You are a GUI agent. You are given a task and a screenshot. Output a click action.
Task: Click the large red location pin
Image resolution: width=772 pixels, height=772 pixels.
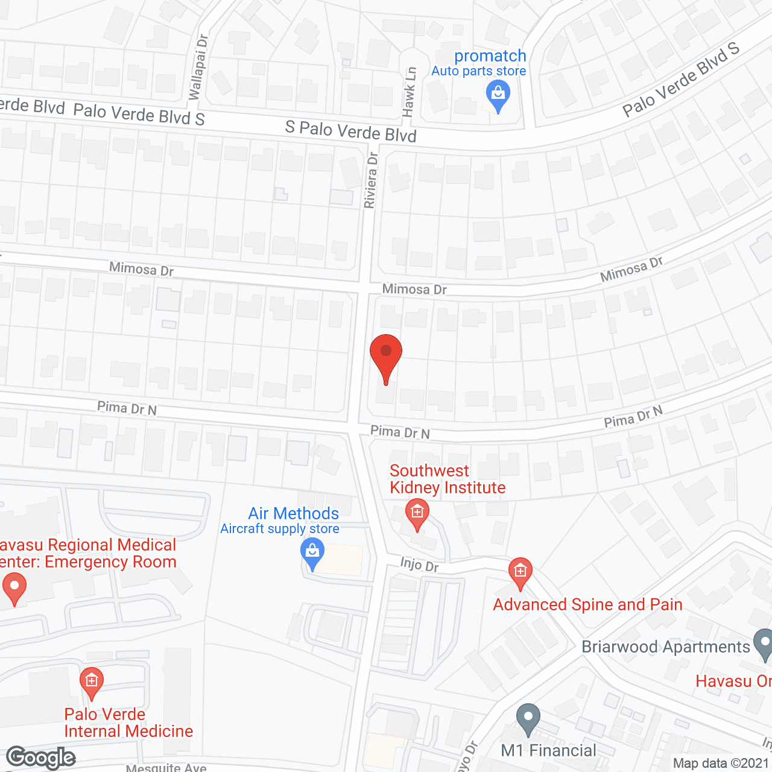click(x=386, y=356)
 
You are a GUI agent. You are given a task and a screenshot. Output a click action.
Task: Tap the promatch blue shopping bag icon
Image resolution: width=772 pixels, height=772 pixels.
click(x=498, y=95)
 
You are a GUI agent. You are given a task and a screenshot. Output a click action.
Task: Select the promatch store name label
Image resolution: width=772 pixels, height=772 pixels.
click(x=490, y=56)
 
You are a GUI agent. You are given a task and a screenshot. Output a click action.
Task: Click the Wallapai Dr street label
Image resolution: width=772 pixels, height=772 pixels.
click(x=198, y=67)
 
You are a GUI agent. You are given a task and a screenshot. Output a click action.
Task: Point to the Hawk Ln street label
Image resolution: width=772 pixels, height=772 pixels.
click(x=410, y=92)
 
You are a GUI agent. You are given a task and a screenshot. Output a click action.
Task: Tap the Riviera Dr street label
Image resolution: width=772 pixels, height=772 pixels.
click(x=371, y=180)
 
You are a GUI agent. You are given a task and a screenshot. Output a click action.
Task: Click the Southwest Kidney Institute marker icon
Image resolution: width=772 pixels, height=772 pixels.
click(x=417, y=513)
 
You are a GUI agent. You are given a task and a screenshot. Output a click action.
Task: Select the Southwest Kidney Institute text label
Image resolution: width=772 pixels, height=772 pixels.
click(x=447, y=479)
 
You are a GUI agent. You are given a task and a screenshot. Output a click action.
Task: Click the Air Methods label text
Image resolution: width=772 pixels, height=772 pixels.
click(x=293, y=513)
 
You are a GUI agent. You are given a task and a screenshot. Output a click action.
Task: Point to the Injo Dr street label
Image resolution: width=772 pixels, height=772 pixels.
click(x=419, y=565)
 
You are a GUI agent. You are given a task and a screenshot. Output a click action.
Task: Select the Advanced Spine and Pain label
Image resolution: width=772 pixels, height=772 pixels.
click(x=587, y=604)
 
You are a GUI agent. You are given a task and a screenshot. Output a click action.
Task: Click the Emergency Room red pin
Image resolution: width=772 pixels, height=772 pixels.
click(x=14, y=588)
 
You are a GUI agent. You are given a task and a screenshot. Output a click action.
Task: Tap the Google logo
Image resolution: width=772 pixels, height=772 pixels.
click(x=41, y=758)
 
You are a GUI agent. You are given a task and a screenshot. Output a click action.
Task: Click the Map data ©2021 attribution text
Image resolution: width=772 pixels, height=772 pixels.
click(x=721, y=764)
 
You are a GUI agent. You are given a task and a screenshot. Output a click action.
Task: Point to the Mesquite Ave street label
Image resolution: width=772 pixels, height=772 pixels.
click(x=166, y=768)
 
